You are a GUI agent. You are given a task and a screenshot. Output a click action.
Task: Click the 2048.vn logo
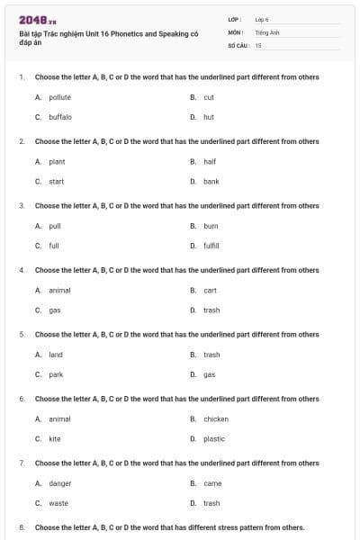click(x=31, y=20)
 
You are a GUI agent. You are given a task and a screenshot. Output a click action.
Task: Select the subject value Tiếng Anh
click(x=263, y=31)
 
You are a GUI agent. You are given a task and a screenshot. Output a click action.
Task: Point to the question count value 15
click(x=258, y=44)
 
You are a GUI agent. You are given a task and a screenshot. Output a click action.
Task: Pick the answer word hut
click(x=209, y=117)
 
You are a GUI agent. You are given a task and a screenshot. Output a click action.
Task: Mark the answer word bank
click(x=211, y=182)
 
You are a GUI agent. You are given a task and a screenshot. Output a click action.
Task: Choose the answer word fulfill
click(x=211, y=246)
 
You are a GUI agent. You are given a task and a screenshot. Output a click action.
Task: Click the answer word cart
click(x=210, y=291)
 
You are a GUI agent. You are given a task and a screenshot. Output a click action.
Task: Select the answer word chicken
click(x=216, y=418)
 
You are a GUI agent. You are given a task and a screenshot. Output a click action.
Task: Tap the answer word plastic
click(x=214, y=439)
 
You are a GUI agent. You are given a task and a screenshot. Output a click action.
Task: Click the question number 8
click(x=22, y=527)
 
